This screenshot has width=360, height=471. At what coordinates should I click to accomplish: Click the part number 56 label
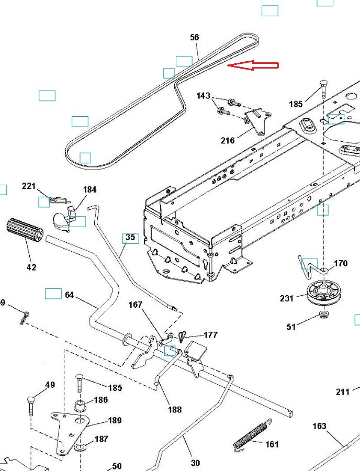[195, 38]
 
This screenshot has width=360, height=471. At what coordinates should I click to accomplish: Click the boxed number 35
[130, 238]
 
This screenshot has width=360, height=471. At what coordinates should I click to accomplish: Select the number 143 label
[203, 96]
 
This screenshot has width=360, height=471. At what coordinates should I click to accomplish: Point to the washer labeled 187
[81, 448]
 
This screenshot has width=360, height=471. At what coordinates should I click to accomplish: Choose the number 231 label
[287, 299]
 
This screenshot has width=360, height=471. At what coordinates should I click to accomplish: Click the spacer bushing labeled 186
[81, 405]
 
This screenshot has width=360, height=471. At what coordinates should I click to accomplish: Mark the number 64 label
[70, 295]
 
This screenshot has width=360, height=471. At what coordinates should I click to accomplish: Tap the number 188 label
[175, 409]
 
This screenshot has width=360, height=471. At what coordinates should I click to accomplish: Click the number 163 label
[319, 427]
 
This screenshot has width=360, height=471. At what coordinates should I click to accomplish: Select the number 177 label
[210, 335]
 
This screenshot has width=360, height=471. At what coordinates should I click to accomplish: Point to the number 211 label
[343, 391]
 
